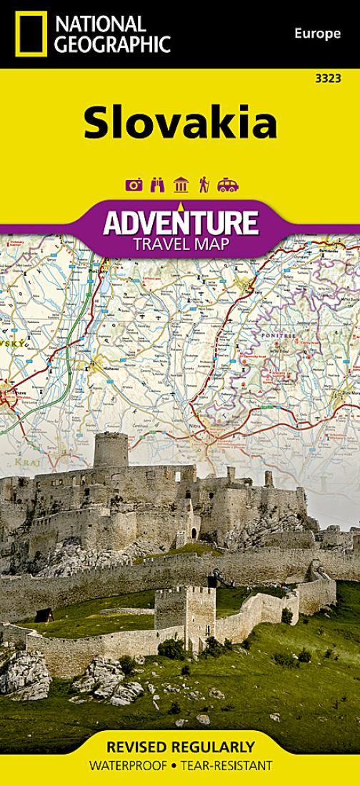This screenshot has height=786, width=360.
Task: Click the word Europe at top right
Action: tap(316, 34)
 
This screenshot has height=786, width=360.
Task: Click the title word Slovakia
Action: tap(179, 124)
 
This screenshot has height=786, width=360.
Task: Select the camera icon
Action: tap(133, 186)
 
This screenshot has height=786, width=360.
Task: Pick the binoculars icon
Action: tap(157, 186)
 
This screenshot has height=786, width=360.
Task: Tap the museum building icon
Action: tap(181, 186)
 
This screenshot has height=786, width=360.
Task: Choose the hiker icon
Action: tap(204, 186)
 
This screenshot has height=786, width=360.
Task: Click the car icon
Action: tap(227, 186)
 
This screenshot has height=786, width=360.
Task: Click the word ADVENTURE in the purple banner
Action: tap(179, 223)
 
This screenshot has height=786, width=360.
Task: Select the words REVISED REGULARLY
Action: tap(179, 748)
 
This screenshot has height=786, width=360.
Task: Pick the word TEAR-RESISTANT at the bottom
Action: tap(227, 766)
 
